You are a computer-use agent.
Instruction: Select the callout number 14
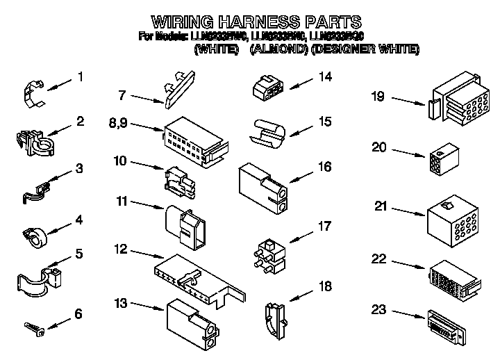tap(322, 78)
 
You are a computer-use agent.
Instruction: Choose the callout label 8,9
tap(117, 124)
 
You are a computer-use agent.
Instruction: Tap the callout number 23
tap(378, 311)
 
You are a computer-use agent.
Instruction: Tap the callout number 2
tap(81, 122)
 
